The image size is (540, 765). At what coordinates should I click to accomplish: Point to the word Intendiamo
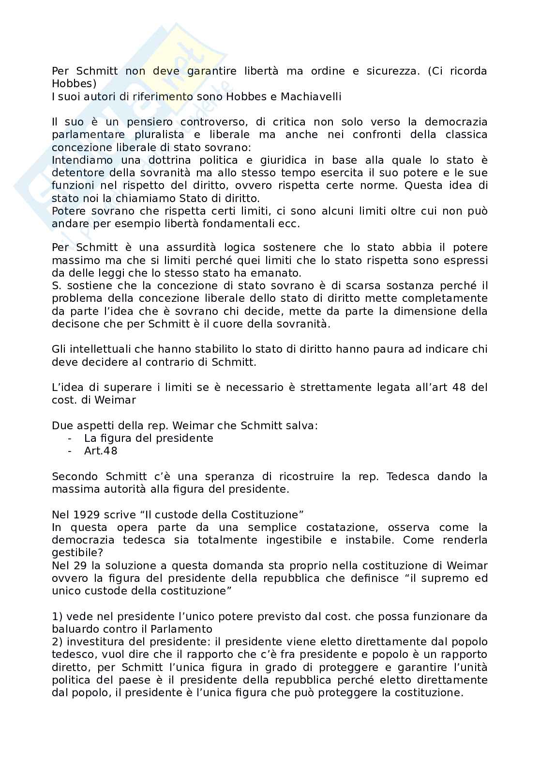82,160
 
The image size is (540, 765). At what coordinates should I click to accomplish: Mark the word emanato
281,272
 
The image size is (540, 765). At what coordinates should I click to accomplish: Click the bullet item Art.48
101,451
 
